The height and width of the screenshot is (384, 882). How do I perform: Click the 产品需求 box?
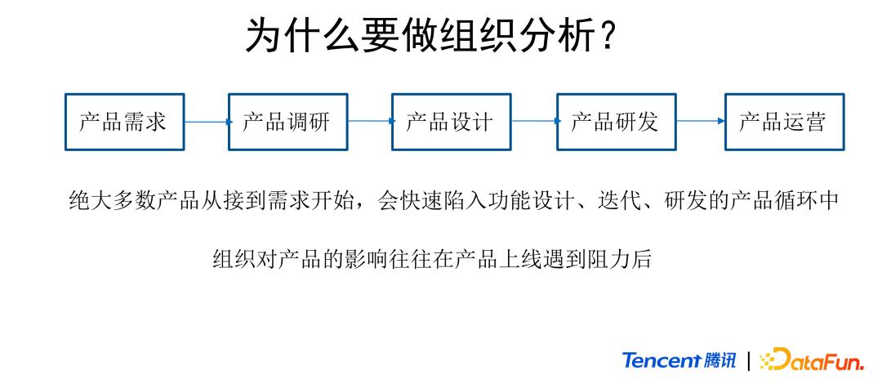click(124, 122)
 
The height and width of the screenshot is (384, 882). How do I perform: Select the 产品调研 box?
click(287, 122)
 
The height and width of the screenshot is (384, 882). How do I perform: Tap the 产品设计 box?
click(451, 122)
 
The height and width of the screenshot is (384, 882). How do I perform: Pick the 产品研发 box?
click(616, 122)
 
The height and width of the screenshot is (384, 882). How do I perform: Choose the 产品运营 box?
click(784, 122)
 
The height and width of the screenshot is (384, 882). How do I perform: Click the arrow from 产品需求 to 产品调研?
click(206, 122)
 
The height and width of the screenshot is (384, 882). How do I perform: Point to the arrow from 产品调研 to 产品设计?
click(369, 122)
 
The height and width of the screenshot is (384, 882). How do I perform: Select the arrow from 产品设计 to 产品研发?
click(534, 122)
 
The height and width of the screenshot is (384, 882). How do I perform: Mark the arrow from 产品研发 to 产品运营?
click(700, 122)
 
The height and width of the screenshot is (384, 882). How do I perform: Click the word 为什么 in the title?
click(303, 37)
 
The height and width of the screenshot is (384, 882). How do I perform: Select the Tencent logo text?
click(661, 360)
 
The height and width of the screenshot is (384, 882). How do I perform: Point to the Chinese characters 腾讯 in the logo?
click(719, 360)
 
